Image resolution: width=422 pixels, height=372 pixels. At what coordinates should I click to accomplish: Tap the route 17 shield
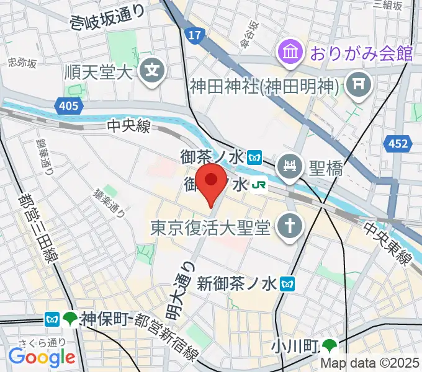pyautogui.click(x=194, y=35)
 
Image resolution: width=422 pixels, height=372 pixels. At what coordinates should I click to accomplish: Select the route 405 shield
pyautogui.click(x=70, y=107)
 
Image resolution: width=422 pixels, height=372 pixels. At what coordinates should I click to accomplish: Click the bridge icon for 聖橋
pyautogui.click(x=289, y=166)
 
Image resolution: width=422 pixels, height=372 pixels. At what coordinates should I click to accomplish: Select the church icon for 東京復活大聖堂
pyautogui.click(x=289, y=226)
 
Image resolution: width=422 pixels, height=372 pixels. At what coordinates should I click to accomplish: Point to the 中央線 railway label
pyautogui.click(x=129, y=126)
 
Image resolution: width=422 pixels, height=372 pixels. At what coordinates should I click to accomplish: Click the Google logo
pyautogui.click(x=42, y=357)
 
